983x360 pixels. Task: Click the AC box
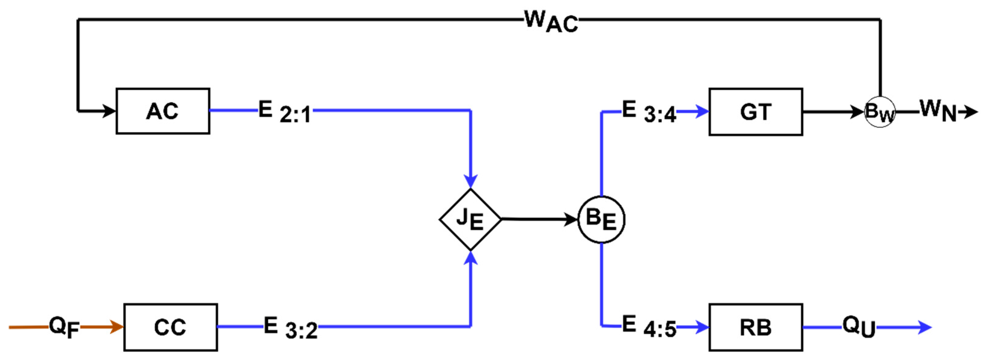pos(163,111)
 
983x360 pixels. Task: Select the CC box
pos(171,327)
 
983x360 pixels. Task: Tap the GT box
pos(756,112)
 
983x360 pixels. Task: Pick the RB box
pos(756,327)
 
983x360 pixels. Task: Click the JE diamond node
pos(470,219)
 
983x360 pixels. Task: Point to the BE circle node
pos(601,219)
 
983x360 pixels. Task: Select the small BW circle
pos(880,112)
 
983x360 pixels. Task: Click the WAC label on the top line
pos(551,21)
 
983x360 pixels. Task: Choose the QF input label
pos(64,327)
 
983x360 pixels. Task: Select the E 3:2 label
pos(290,328)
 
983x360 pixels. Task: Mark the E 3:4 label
pos(649,112)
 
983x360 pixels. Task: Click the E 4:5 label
pos(649,326)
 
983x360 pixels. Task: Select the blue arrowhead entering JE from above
pos(471,180)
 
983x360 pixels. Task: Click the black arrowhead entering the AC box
pos(109,111)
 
